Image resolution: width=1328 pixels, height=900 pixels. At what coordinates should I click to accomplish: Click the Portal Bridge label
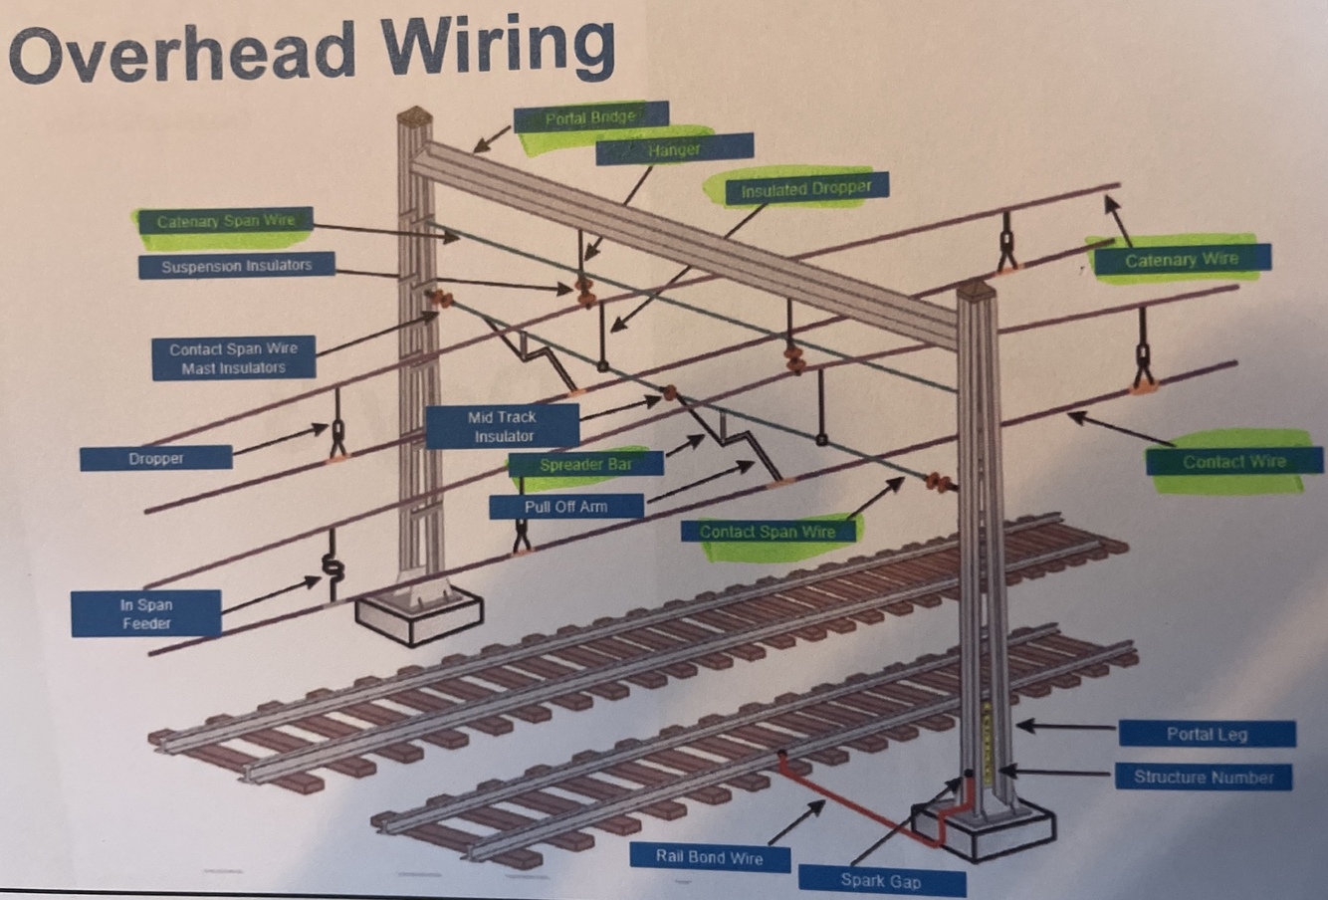[x=590, y=117]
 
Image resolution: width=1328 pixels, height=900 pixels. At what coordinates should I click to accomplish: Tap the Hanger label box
[x=674, y=150]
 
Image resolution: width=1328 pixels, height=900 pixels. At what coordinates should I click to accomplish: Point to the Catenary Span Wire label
[x=226, y=221]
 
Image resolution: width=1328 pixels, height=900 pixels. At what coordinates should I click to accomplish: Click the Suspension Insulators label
[x=236, y=266]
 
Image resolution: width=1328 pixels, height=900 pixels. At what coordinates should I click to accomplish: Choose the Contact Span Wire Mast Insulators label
[x=233, y=358]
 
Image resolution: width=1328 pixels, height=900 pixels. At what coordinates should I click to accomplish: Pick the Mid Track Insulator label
[x=503, y=426]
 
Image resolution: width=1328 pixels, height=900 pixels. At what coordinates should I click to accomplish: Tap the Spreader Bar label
[x=585, y=465]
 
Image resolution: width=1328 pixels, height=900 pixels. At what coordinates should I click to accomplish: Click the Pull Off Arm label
[x=565, y=507]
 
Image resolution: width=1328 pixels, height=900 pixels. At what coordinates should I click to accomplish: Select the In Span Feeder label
[x=145, y=613]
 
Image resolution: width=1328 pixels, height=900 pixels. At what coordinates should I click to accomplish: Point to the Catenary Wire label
[x=1181, y=260]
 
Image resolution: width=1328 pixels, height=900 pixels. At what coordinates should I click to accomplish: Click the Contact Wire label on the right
[x=1233, y=462]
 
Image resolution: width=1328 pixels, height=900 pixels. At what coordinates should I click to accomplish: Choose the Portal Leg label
[x=1207, y=735]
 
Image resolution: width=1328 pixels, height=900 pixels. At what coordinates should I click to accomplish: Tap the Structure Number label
[x=1204, y=777]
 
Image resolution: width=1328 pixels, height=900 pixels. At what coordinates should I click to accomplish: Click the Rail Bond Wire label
[x=709, y=856]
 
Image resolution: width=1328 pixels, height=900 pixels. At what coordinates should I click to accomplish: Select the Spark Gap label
[x=881, y=880]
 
